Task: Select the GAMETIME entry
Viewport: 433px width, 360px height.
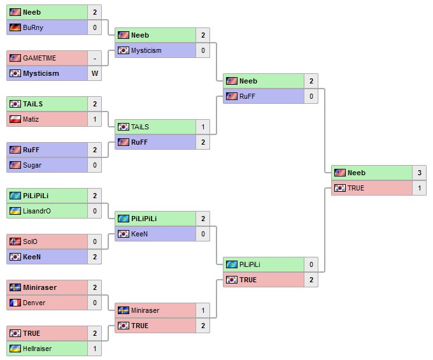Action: pos(39,58)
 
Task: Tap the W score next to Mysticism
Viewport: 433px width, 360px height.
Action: pos(95,73)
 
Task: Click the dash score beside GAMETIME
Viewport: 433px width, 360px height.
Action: pos(95,58)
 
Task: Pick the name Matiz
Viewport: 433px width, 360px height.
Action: pos(32,119)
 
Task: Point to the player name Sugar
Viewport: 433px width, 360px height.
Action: pos(32,165)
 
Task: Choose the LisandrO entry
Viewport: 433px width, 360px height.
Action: pos(37,211)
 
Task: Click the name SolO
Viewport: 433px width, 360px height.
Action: pos(31,241)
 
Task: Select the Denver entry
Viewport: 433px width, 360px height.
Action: pos(34,303)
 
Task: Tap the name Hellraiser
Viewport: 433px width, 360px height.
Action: pos(38,349)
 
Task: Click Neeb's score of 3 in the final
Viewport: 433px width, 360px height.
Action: pos(420,173)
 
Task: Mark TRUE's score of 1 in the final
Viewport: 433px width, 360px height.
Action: pos(420,188)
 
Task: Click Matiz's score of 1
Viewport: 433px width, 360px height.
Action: pos(95,119)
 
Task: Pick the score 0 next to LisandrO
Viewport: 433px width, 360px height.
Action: pos(95,211)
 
